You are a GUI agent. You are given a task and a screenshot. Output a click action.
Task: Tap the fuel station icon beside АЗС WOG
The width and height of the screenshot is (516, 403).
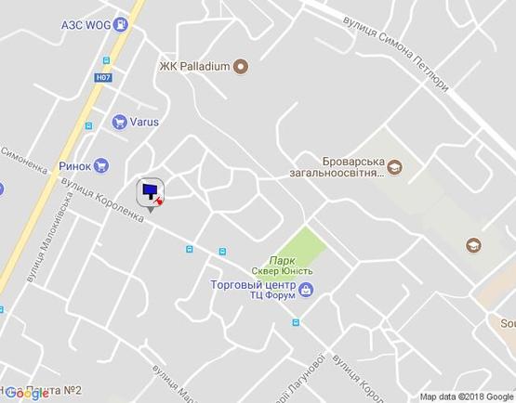click(x=120, y=26)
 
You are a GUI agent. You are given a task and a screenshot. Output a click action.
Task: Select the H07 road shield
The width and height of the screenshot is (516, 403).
click(x=103, y=78)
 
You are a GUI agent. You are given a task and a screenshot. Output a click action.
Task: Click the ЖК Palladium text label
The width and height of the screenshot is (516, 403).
click(x=193, y=66)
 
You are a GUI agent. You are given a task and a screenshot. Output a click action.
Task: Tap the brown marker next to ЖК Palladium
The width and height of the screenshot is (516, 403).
click(x=240, y=66)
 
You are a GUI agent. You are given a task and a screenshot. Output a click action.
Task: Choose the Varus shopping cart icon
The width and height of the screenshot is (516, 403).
click(x=119, y=121)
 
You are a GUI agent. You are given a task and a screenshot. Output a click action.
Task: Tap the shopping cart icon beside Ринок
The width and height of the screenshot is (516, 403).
click(x=102, y=165)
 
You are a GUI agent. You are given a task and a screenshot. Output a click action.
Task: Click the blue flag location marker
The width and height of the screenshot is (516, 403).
click(x=149, y=191)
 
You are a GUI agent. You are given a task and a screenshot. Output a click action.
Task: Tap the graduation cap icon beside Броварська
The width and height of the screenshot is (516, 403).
click(x=396, y=167)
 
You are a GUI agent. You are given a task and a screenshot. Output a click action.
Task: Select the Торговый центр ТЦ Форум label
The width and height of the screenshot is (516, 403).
click(x=253, y=290)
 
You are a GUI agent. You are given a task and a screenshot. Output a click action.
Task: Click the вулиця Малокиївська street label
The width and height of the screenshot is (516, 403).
click(x=44, y=249)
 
